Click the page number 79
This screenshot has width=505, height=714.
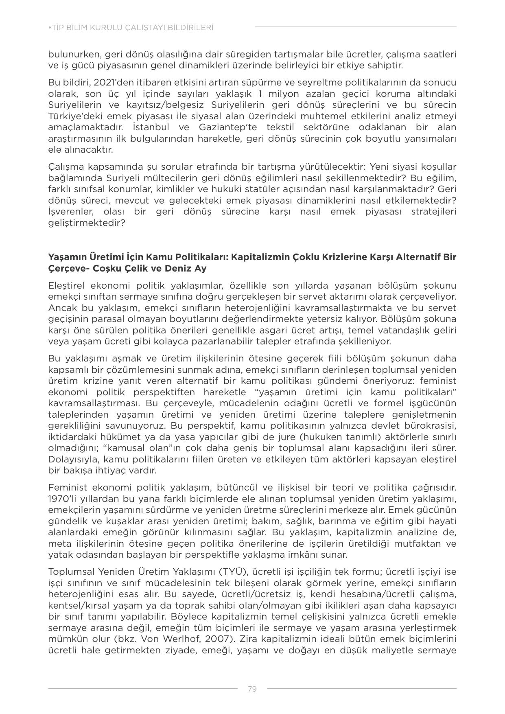click(252, 689)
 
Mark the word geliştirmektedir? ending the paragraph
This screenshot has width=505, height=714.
click(86, 223)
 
